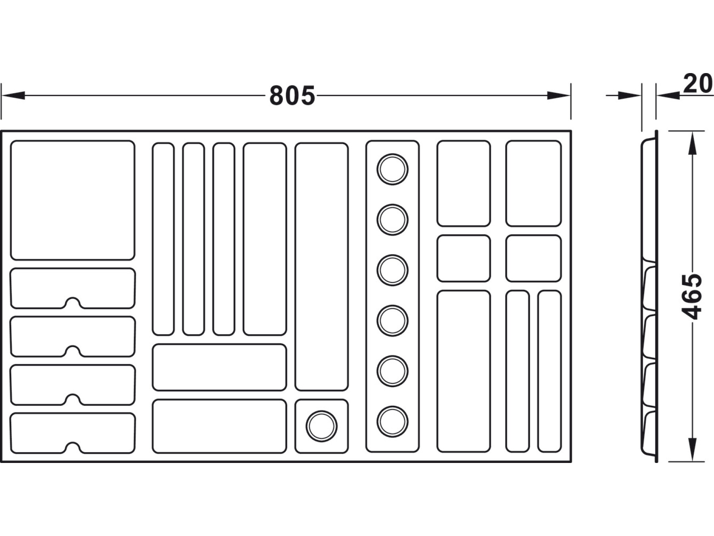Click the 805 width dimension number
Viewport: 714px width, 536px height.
[292, 96]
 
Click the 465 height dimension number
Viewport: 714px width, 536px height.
[693, 296]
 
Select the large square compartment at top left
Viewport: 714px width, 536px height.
[73, 200]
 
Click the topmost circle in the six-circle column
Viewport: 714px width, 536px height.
[392, 169]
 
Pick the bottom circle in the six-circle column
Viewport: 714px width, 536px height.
[392, 421]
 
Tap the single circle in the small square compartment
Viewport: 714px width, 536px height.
[321, 426]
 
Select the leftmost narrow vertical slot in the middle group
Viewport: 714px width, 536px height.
[163, 239]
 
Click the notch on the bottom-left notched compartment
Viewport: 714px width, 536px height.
[72, 447]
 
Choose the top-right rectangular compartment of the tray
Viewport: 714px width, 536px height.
[533, 183]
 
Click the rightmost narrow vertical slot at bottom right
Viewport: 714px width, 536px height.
[549, 371]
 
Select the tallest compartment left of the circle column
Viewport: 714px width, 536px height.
[321, 266]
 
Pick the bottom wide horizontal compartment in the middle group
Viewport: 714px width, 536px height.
[219, 426]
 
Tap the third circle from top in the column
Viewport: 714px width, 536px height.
[392, 270]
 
